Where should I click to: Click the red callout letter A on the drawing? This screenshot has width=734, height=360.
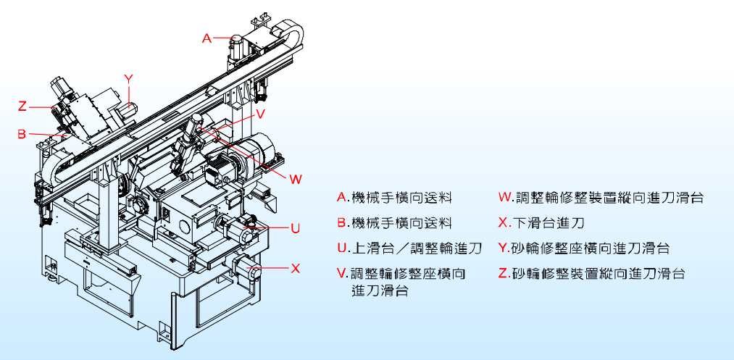(207, 38)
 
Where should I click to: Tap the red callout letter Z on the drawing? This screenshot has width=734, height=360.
(22, 106)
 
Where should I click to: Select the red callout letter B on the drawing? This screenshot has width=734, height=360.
(22, 134)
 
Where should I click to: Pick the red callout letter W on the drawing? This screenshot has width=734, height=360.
(296, 178)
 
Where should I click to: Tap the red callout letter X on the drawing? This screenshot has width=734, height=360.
(295, 268)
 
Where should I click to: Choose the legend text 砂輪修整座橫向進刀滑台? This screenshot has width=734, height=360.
(591, 248)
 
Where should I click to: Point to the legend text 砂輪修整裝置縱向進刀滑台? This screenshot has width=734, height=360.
(598, 274)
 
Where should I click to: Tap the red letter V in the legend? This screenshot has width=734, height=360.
(342, 274)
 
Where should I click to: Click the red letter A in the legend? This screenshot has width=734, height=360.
(342, 197)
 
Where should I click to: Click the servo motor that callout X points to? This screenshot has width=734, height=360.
(244, 268)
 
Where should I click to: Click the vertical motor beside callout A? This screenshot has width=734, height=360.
(236, 46)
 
